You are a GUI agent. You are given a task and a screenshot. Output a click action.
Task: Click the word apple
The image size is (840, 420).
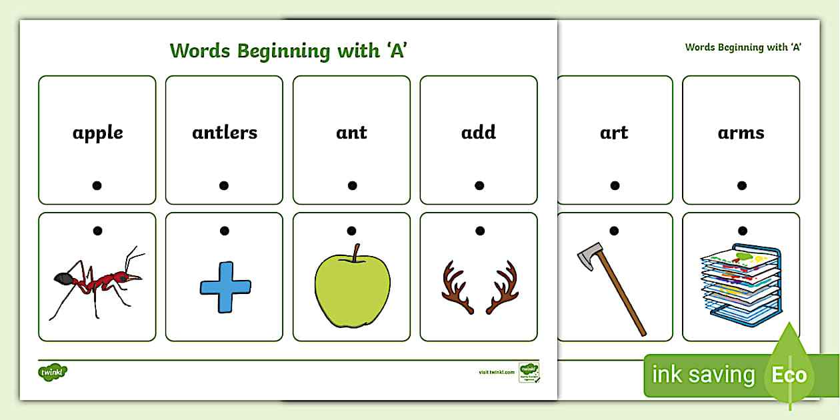click(97, 133)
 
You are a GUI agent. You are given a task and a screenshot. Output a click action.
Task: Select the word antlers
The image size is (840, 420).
click(225, 133)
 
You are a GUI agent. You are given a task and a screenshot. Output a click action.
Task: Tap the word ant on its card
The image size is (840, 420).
click(351, 133)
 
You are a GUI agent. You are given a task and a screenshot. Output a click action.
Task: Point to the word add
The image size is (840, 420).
click(479, 133)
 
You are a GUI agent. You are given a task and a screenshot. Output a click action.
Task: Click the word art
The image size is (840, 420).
click(614, 133)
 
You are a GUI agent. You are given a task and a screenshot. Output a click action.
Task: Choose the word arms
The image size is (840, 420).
click(741, 133)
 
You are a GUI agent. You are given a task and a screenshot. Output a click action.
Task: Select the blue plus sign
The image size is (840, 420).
click(225, 287)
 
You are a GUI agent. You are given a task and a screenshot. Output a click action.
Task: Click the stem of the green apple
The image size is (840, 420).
click(357, 252)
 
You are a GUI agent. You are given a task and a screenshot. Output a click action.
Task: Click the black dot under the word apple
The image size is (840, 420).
click(97, 186)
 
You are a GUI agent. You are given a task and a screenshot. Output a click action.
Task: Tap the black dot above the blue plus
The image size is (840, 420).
click(225, 231)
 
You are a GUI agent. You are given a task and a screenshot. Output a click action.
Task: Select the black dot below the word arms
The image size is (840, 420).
click(741, 185)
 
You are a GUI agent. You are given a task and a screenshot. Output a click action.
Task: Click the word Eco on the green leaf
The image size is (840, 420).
click(789, 375)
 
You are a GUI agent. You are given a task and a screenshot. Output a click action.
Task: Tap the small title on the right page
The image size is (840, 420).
click(743, 47)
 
